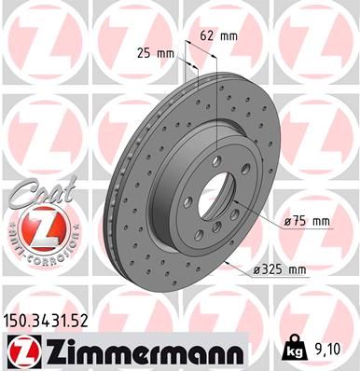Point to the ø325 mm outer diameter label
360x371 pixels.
pos(280,270)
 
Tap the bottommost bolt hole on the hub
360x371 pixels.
pos(213,240)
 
